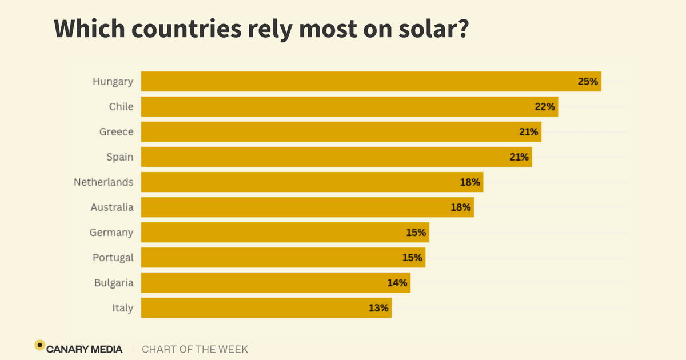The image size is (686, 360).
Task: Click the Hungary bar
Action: tap(366, 82)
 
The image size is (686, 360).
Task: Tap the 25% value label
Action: tap(588, 82)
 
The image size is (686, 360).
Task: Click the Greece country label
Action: tap(116, 132)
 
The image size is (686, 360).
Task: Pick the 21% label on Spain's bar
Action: tap(519, 157)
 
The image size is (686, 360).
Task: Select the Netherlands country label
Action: tap(103, 182)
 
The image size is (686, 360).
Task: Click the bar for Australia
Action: tap(303, 207)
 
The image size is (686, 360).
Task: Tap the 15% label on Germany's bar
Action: tap(416, 233)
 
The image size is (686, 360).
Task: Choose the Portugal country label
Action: tap(113, 258)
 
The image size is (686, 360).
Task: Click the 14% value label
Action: tap(397, 283)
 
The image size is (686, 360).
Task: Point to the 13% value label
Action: tap(378, 308)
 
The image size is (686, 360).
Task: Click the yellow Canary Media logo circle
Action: tap(39, 345)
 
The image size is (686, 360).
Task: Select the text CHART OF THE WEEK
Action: tap(195, 349)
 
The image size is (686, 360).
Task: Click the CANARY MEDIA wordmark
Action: tap(85, 349)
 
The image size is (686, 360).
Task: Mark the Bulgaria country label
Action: tap(114, 283)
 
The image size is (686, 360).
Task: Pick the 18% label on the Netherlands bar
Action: tap(470, 182)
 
